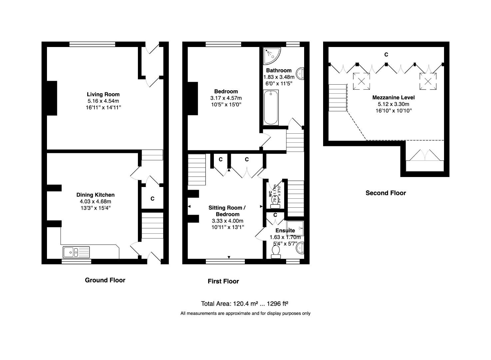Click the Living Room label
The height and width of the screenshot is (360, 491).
click(103, 94)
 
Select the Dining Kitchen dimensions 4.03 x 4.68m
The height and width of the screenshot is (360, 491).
click(95, 201)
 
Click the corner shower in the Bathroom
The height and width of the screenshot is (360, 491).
click(271, 55)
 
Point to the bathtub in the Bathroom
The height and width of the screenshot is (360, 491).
click(270, 107)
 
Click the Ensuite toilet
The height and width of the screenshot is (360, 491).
click(276, 252)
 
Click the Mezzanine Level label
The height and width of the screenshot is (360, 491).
click(393, 98)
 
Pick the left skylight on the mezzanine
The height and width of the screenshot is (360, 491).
click(361, 81)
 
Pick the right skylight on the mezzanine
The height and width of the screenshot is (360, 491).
click(427, 81)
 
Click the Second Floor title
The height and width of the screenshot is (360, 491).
click(386, 193)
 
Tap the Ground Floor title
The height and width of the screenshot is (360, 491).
click(105, 280)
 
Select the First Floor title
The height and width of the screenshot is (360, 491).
click(223, 281)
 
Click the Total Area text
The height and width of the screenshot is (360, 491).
click(245, 304)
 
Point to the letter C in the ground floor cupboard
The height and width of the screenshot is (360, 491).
click(153, 199)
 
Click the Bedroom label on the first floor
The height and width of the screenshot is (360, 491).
click(226, 91)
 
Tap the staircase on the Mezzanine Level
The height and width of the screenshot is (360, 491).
click(337, 97)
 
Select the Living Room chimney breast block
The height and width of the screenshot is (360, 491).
click(52, 98)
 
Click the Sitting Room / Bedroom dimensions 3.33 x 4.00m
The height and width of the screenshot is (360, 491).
click(228, 221)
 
